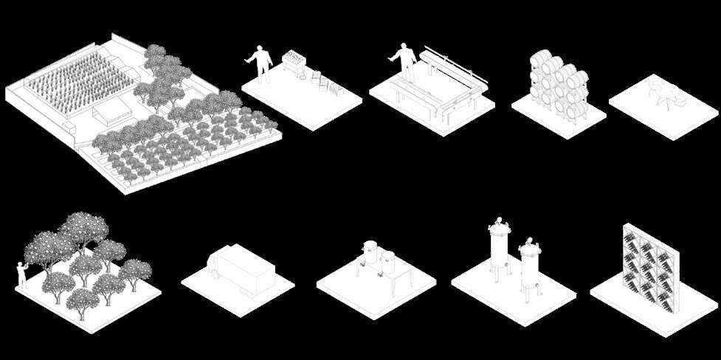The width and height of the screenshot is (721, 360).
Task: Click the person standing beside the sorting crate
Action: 259,61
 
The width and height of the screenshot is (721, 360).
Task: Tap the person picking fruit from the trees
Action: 22,274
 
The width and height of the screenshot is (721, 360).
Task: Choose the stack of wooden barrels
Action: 558,85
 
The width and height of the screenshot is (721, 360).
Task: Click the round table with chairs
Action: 660,93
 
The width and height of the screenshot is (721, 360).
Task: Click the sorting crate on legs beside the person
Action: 296,59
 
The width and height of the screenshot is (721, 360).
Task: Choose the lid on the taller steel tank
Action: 499,222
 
